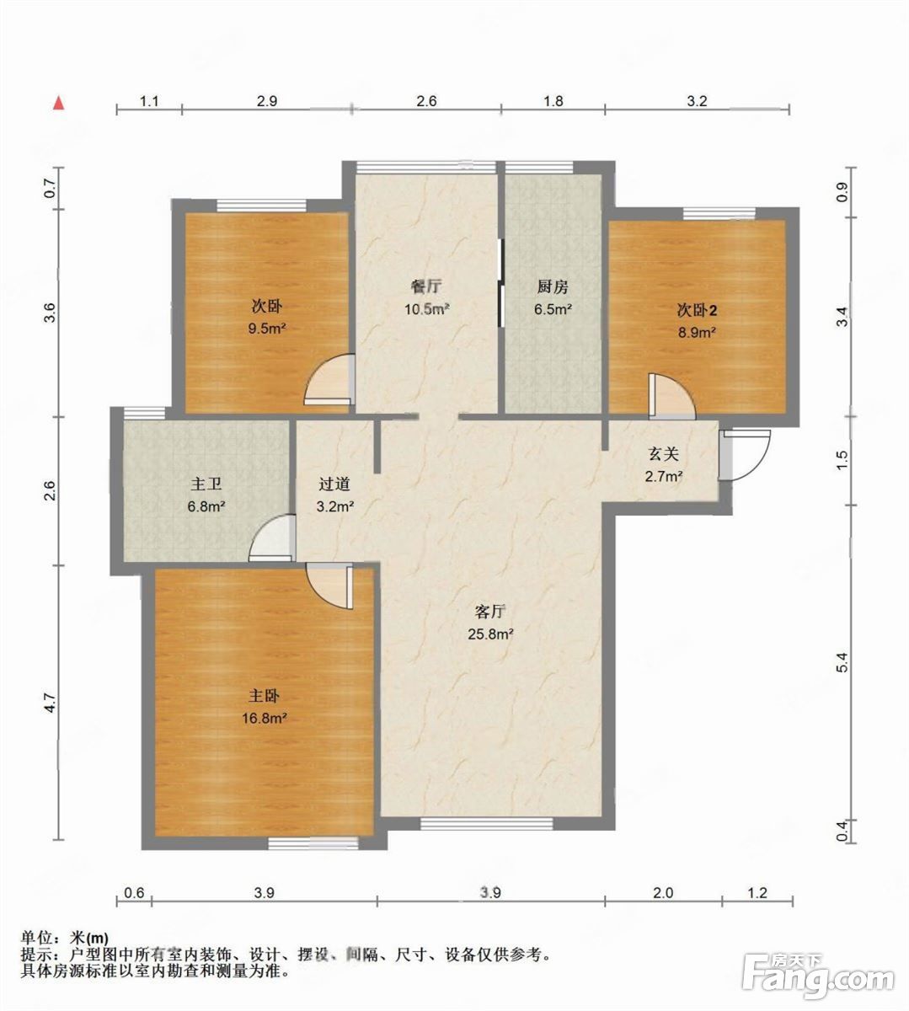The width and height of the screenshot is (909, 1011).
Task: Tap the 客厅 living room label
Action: click(x=489, y=612)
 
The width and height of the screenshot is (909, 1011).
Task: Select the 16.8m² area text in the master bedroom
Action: click(x=265, y=718)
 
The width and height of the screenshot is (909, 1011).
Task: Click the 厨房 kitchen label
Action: click(x=553, y=286)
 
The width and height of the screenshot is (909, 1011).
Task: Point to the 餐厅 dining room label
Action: click(x=426, y=286)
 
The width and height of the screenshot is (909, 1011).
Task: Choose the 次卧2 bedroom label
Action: click(x=697, y=310)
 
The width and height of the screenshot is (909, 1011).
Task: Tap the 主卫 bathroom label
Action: click(x=206, y=484)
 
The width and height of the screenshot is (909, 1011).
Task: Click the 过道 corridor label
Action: click(x=334, y=484)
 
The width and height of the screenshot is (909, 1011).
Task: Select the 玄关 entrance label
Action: click(x=664, y=454)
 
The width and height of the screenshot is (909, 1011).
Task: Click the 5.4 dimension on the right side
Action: click(x=842, y=662)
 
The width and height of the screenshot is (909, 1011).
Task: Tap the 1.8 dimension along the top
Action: click(x=553, y=101)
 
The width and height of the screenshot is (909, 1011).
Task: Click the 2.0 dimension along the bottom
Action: click(x=663, y=893)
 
